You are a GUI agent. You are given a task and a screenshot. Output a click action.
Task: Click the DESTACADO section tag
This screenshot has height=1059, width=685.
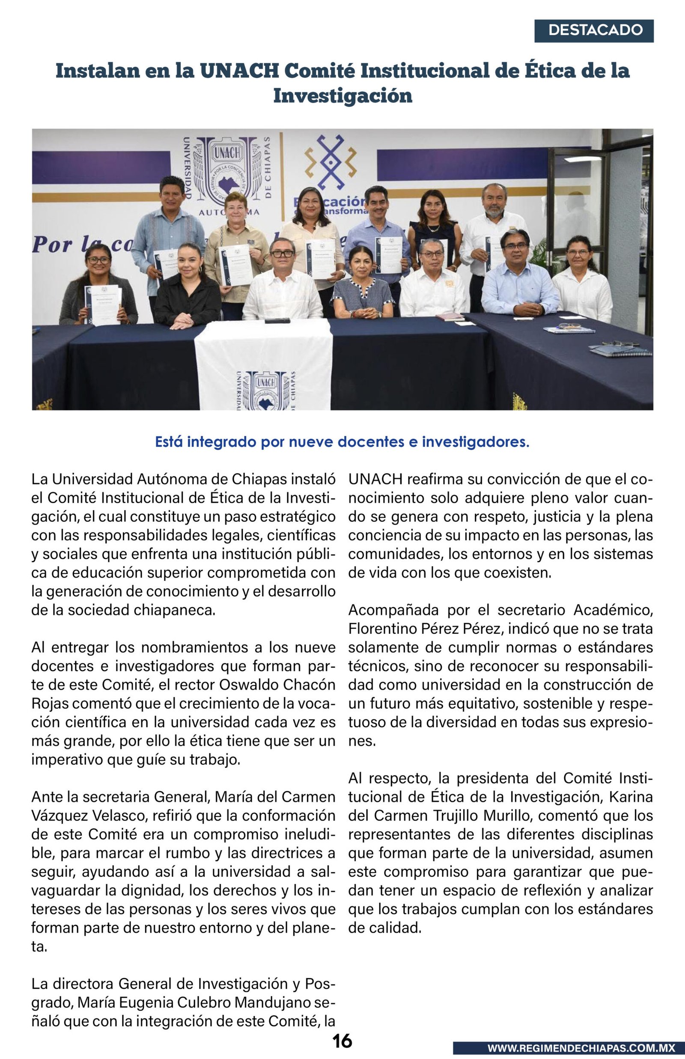point(594,31)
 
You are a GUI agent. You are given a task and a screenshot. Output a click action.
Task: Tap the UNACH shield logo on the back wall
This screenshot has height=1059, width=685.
point(228,167)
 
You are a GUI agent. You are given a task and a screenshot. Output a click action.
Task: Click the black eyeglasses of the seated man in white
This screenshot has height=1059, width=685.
point(282,254)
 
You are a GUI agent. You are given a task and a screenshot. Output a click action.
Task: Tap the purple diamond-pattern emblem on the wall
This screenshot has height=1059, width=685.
point(330,162)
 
